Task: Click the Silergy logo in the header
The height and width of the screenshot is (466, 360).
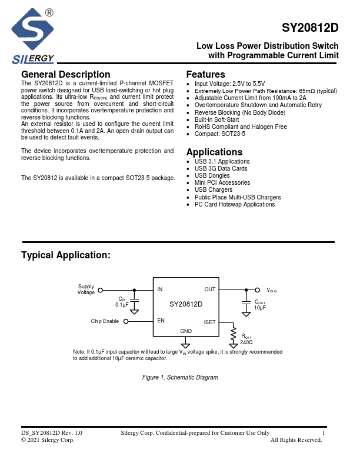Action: (x=33, y=37)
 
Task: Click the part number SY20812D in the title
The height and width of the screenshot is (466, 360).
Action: (x=310, y=28)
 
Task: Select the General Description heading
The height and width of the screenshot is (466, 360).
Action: (x=65, y=75)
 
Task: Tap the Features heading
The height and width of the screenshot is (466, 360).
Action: (x=205, y=75)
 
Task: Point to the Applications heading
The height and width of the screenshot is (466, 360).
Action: (x=214, y=152)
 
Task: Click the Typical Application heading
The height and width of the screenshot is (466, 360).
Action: (x=66, y=255)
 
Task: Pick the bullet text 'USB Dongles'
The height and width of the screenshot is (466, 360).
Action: (x=212, y=176)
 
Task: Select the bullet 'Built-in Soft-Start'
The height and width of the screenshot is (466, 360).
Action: (x=217, y=119)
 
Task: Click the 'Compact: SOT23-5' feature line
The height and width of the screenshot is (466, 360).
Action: (x=220, y=134)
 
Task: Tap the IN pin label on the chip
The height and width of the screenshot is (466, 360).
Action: (x=160, y=289)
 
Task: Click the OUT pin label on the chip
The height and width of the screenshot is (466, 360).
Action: (x=210, y=289)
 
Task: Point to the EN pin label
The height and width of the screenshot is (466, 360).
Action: (x=161, y=321)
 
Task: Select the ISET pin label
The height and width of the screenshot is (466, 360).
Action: (x=210, y=322)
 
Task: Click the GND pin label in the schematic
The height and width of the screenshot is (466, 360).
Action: (x=186, y=332)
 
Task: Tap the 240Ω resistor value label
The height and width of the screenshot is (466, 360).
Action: (x=246, y=342)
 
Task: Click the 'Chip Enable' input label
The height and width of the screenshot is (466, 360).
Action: (x=105, y=321)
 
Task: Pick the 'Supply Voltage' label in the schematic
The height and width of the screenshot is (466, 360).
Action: (x=86, y=289)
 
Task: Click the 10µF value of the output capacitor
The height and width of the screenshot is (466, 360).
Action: (x=260, y=308)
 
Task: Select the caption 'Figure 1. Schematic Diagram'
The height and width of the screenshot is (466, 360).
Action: (x=181, y=377)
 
